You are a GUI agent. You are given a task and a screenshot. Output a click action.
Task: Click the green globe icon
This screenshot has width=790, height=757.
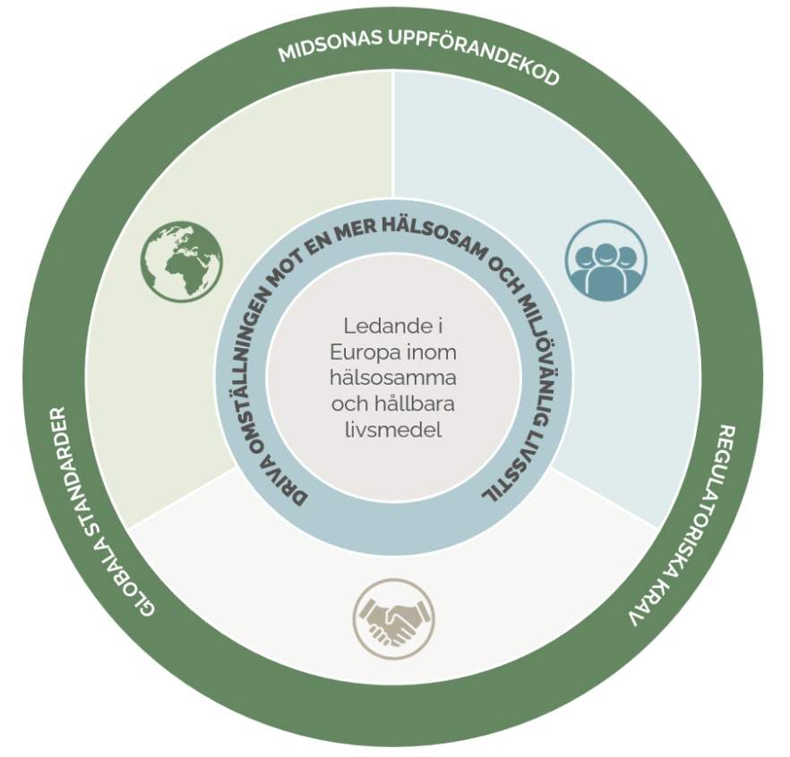tap(182, 260)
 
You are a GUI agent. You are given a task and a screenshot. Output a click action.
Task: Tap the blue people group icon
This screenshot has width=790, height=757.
tap(605, 260)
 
